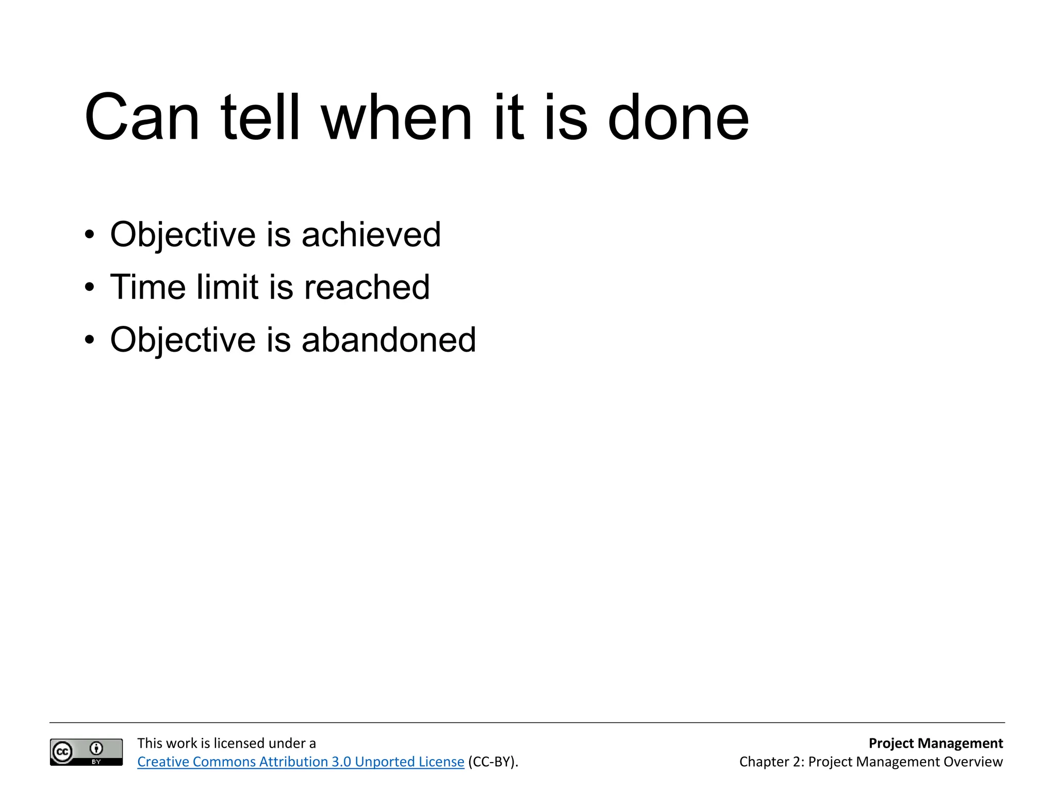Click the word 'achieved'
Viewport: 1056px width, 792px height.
371,235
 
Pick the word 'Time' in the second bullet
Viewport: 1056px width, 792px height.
147,287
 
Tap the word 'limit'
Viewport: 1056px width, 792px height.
227,287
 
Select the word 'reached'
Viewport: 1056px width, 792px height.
367,287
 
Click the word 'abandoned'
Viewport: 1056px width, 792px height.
388,340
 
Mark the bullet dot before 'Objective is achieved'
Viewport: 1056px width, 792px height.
90,235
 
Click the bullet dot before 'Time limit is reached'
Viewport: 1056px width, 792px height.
90,288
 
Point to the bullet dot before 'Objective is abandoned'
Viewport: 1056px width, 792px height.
90,340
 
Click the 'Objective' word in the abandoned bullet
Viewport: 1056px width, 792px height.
183,340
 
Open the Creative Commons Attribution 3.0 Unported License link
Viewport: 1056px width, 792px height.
301,762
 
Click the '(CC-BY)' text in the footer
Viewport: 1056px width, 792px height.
492,762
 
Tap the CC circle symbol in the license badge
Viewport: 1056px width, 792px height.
62,752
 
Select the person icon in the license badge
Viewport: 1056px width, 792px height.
96,748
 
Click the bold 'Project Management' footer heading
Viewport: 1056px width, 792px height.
935,743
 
